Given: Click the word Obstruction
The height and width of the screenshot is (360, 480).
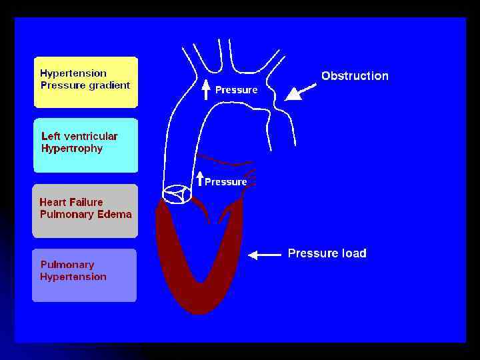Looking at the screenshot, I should point(355,76).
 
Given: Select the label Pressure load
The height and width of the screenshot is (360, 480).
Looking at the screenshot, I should point(327,253).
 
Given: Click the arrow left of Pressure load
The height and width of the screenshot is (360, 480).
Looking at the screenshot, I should point(264,254).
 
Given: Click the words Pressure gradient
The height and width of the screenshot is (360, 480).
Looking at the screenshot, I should point(85,85).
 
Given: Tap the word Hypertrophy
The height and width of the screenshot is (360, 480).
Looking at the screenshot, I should point(72,149).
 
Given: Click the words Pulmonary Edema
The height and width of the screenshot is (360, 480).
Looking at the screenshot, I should point(86,214).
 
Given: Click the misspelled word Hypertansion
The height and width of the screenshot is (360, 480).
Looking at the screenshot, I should point(73,277).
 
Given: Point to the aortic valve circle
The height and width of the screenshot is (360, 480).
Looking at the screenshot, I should point(177,193).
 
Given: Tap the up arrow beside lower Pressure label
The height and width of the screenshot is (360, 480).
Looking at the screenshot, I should point(200,179).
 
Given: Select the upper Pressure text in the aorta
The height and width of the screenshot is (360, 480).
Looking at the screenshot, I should point(236,90).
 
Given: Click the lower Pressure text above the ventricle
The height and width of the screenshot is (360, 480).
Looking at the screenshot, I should point(226,181).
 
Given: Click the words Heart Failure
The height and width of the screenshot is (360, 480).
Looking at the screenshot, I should point(71,202).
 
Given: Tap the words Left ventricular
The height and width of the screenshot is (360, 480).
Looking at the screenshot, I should point(79,136).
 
